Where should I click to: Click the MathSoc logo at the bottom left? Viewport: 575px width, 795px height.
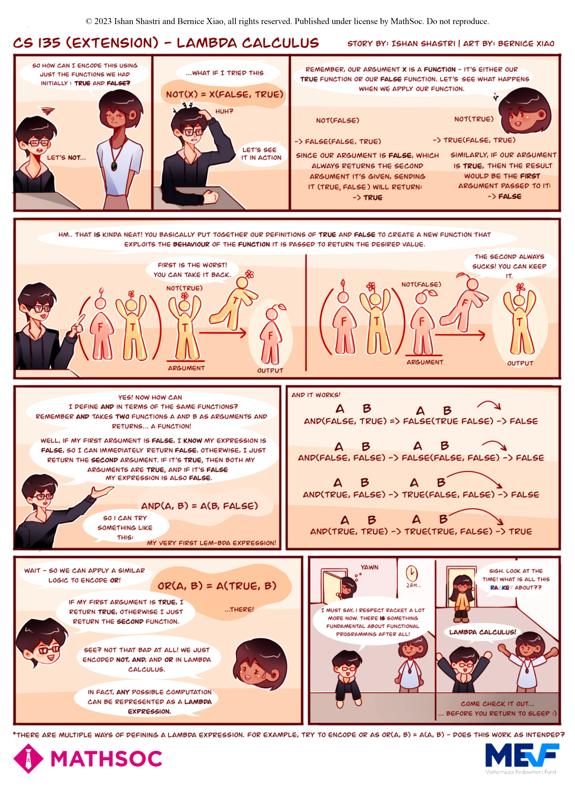click(x=88, y=759)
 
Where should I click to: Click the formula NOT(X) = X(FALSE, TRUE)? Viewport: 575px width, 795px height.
click(x=224, y=94)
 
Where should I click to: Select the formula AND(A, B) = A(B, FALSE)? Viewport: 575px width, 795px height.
click(x=199, y=506)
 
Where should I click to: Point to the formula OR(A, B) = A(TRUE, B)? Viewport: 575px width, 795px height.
click(x=217, y=586)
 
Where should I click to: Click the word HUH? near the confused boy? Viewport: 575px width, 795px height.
click(x=224, y=111)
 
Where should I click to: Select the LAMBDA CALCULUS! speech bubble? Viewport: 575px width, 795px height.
click(x=482, y=632)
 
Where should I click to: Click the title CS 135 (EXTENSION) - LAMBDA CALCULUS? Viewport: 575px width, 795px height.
click(x=166, y=43)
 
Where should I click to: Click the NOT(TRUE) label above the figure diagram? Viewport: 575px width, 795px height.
click(x=184, y=288)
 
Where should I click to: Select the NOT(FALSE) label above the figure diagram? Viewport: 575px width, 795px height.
click(x=421, y=284)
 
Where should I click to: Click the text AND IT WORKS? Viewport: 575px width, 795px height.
click(x=316, y=395)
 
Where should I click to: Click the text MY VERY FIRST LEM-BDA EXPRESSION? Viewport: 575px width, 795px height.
click(x=212, y=543)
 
